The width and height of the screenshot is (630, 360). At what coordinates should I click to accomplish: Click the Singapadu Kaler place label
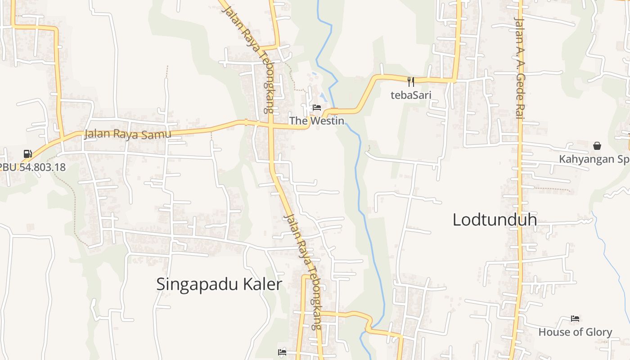[x=219, y=284]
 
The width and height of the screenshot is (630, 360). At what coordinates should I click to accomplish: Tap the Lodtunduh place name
[x=495, y=220]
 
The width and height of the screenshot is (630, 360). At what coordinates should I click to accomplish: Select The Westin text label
[x=316, y=121]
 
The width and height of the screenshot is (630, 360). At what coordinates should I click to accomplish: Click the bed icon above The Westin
[x=317, y=108]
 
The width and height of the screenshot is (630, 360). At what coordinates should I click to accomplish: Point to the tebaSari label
[x=410, y=95]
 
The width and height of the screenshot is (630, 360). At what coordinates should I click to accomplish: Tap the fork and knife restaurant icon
[x=410, y=81]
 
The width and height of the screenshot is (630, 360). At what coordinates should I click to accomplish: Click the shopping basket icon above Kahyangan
[x=597, y=146]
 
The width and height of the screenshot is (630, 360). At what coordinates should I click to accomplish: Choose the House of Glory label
[x=575, y=332]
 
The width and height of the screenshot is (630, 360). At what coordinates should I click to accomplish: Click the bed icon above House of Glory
[x=575, y=319]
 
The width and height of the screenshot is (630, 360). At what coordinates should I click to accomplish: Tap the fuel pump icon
[x=28, y=154]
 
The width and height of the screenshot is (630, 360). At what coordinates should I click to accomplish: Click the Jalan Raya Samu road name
[x=128, y=134]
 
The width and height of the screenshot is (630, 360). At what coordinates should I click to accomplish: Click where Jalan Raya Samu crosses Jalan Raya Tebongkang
[x=271, y=126]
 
